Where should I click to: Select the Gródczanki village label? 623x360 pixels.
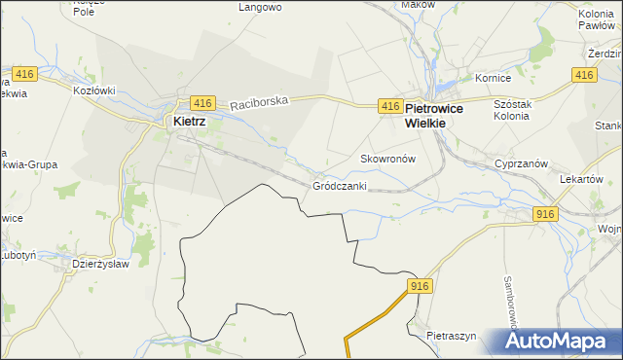click(339, 185)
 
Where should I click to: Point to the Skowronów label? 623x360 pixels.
click(388, 158)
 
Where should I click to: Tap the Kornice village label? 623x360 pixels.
click(493, 77)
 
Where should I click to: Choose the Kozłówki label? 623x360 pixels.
click(94, 90)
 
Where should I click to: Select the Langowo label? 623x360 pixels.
click(260, 7)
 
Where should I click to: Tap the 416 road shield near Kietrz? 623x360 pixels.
click(202, 102)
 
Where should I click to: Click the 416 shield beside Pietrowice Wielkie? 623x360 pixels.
click(390, 105)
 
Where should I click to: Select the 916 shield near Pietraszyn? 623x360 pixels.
click(420, 285)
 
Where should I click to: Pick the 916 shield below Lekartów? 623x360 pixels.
click(545, 214)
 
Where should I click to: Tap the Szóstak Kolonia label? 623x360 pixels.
click(517, 109)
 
